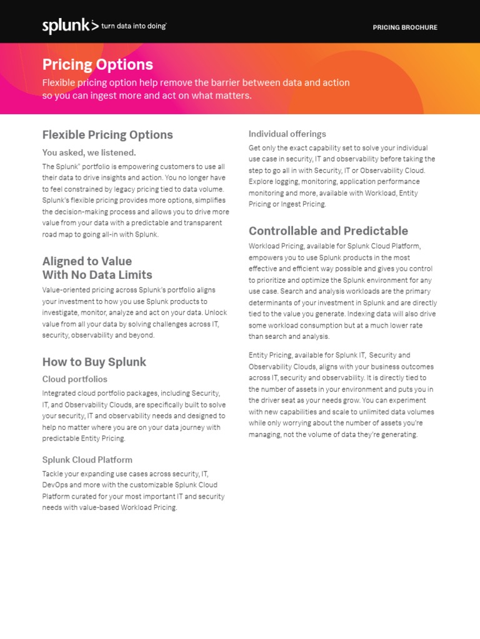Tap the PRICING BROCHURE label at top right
[x=405, y=27]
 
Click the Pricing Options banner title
[x=97, y=65]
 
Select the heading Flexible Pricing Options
[x=107, y=135]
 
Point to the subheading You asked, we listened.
[x=89, y=152]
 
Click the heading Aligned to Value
[x=87, y=261]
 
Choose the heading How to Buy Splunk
[x=94, y=362]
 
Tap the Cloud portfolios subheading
[x=74, y=379]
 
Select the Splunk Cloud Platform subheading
[x=87, y=460]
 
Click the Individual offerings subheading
[x=287, y=134]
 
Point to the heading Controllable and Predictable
[x=328, y=231]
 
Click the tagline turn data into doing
[x=134, y=26]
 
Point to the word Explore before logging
[x=262, y=182]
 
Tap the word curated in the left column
[x=96, y=496]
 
